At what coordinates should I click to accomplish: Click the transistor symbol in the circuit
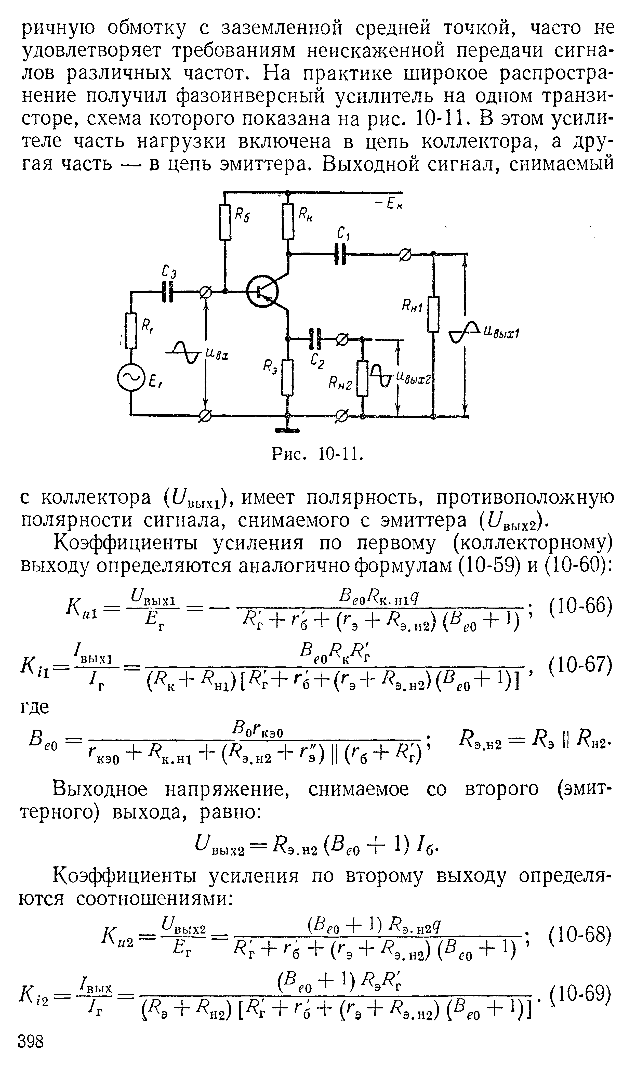262,292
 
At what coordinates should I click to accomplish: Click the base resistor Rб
224,222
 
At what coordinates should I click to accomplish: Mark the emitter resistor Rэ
288,377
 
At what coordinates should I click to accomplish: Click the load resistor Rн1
434,314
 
